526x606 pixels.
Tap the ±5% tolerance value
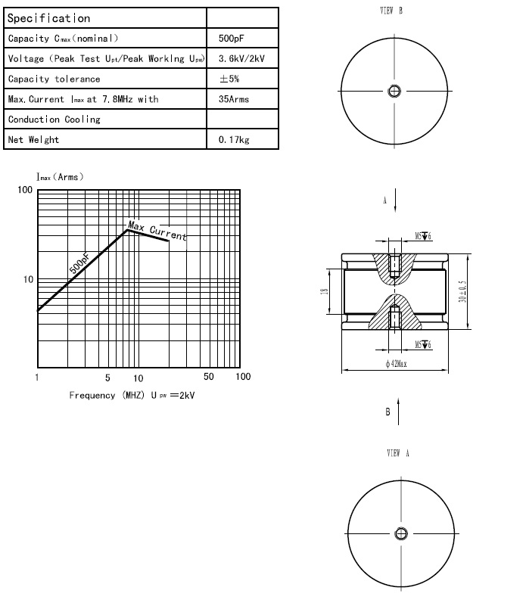coord(229,79)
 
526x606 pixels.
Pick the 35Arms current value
coord(233,99)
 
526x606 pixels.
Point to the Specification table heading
coord(48,18)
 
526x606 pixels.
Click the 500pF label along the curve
coord(79,263)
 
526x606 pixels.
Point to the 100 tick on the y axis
coord(25,190)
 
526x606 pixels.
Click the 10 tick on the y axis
coord(28,280)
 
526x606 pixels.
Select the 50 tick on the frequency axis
coord(209,378)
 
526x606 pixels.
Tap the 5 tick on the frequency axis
coord(107,378)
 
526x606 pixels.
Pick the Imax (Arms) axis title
coord(60,177)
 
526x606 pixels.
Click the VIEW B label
coord(391,11)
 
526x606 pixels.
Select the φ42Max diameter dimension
coord(396,364)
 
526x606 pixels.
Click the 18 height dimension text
coord(325,291)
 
